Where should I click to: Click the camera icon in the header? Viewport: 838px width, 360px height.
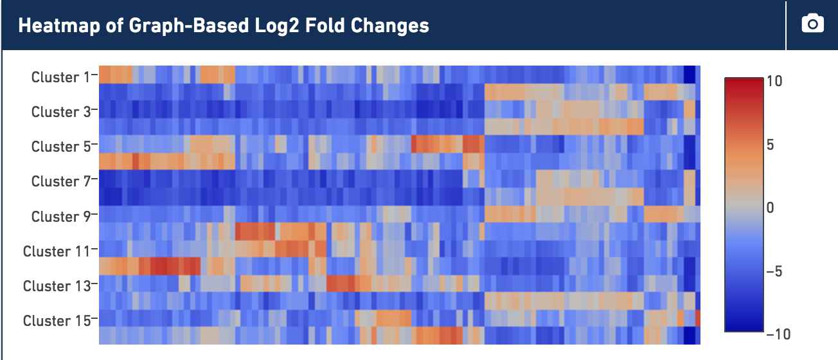click(x=812, y=24)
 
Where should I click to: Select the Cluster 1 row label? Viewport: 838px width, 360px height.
click(x=61, y=77)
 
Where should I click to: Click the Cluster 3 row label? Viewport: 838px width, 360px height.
click(x=61, y=112)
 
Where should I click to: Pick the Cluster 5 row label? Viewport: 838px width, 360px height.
click(x=61, y=147)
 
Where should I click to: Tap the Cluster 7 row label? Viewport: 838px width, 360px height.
click(x=61, y=181)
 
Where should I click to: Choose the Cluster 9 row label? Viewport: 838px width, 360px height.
click(x=61, y=216)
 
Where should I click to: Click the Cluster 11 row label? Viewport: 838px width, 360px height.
click(x=57, y=251)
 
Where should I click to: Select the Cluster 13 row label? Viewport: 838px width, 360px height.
click(x=57, y=286)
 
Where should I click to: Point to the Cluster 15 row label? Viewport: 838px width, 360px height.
click(x=57, y=321)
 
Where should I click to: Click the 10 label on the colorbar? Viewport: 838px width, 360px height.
click(x=774, y=81)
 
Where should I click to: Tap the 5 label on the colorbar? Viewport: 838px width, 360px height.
click(x=771, y=145)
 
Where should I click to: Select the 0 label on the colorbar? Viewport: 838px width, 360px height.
click(x=771, y=207)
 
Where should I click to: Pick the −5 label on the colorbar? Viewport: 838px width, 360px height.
click(x=774, y=271)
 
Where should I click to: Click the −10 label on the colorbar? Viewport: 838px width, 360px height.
click(x=778, y=334)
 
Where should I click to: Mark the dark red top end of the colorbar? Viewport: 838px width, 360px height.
click(x=744, y=79)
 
